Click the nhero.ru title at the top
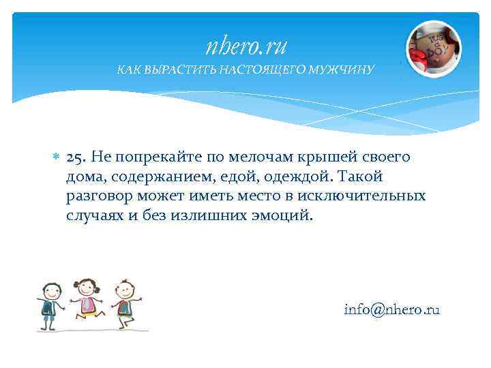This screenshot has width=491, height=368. pos(246,46)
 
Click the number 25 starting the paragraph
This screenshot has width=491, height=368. pos(74,157)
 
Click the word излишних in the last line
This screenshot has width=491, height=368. pos(220,216)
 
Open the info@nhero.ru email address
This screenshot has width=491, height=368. pos(391,309)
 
